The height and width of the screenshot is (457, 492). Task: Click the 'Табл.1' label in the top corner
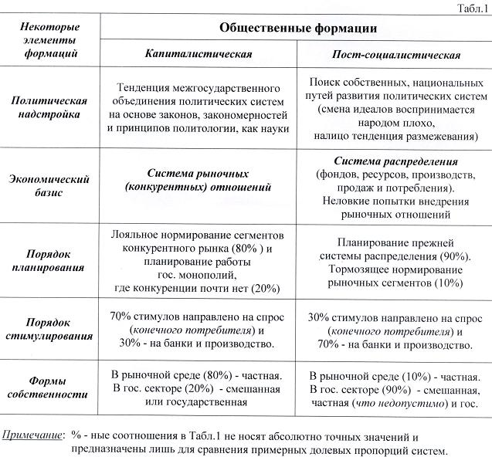pos(472,8)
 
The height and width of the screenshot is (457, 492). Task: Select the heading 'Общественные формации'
pos(297,29)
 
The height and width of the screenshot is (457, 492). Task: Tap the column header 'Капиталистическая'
pos(198,56)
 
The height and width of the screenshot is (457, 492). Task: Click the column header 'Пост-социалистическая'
pos(395,56)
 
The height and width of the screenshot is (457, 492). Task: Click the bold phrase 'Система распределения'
pos(396,163)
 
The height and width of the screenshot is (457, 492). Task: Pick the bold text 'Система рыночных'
pos(198,174)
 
